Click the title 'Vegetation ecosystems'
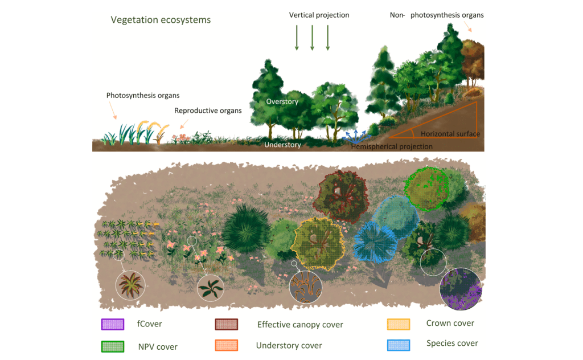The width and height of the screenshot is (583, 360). pyautogui.click(x=161, y=20)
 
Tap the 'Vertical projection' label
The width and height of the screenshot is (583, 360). pyautogui.click(x=319, y=14)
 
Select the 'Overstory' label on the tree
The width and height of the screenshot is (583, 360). pyautogui.click(x=282, y=101)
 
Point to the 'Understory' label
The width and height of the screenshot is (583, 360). pyautogui.click(x=282, y=145)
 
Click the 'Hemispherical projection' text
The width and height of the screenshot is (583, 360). pyautogui.click(x=392, y=146)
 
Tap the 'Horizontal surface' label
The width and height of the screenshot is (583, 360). pyautogui.click(x=450, y=134)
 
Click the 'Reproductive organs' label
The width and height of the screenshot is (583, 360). pyautogui.click(x=208, y=111)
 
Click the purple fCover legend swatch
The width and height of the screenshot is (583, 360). pyautogui.click(x=112, y=325)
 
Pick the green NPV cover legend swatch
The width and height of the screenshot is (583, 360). pyautogui.click(x=112, y=346)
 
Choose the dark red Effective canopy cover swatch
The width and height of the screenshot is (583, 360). pyautogui.click(x=226, y=325)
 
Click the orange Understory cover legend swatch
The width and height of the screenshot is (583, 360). pyautogui.click(x=226, y=345)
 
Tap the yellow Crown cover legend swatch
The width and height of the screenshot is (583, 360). pyautogui.click(x=399, y=324)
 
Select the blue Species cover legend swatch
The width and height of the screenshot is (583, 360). pyautogui.click(x=399, y=344)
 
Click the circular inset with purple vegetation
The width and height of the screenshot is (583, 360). pyautogui.click(x=461, y=289)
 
